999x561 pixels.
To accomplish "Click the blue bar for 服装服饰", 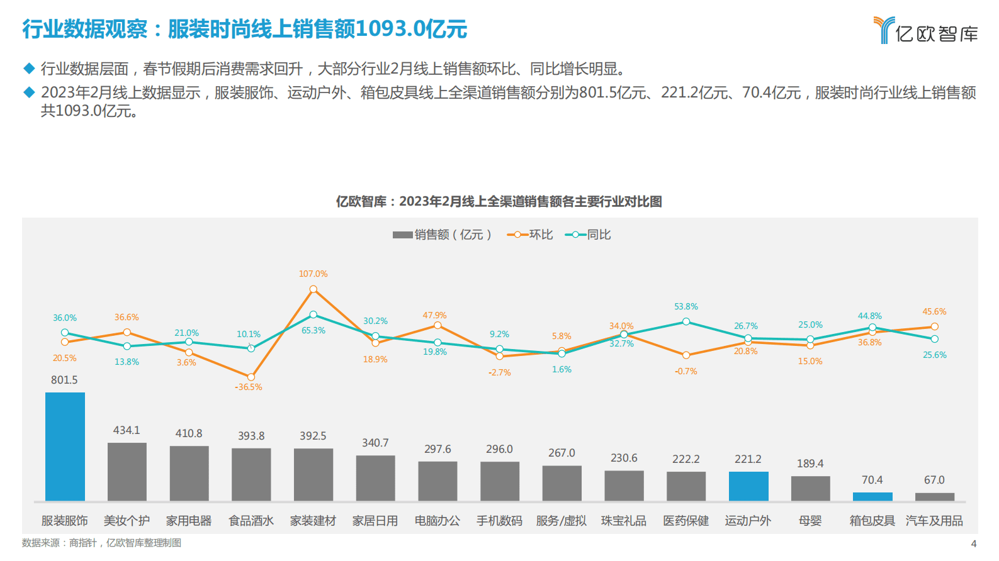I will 65,447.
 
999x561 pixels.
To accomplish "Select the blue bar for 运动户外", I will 748,486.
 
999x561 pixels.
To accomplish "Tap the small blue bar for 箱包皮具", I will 872,497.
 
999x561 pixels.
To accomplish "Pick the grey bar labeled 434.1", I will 127,472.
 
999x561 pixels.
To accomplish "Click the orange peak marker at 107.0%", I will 313,289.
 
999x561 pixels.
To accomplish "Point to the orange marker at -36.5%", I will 251,377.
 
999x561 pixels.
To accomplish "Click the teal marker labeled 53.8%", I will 686,321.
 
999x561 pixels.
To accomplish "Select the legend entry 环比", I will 530,235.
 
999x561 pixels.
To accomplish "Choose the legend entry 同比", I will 588,235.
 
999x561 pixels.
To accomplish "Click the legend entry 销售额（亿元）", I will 443,235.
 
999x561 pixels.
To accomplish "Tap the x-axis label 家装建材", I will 313,521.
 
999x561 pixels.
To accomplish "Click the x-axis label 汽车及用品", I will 934,521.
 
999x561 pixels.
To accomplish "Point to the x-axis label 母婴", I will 810,521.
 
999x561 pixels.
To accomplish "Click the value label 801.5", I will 64,380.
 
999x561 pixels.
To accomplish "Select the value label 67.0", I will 934,480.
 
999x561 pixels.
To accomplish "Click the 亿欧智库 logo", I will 926,30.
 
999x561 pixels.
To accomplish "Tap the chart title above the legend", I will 499,201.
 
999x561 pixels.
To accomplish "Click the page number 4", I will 974,543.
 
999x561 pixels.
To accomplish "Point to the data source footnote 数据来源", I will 101,543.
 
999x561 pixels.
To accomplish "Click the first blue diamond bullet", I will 28,68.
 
